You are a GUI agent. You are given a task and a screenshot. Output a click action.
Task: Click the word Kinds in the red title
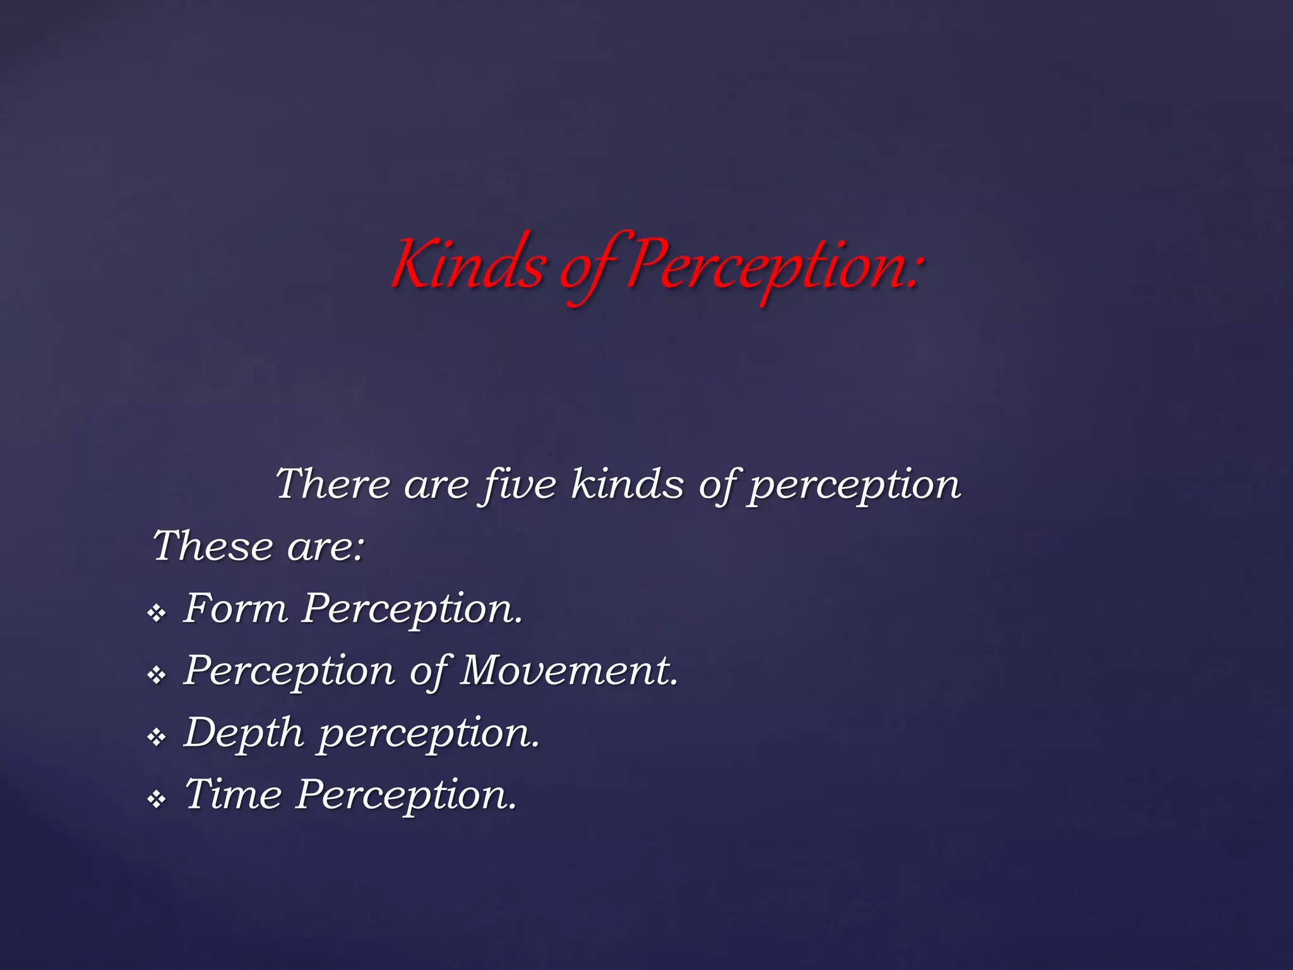[468, 265]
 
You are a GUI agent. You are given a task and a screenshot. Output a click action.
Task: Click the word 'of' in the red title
[590, 268]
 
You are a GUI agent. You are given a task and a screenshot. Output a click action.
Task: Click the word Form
[235, 609]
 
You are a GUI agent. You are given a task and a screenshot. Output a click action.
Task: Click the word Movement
[569, 671]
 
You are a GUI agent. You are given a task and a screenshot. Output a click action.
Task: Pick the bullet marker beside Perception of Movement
[156, 675]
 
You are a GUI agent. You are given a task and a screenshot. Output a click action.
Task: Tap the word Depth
[244, 733]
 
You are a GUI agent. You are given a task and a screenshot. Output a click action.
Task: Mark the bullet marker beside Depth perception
[156, 737]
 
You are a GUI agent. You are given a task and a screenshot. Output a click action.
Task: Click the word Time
[233, 794]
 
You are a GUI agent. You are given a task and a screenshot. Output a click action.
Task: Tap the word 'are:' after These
[326, 547]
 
